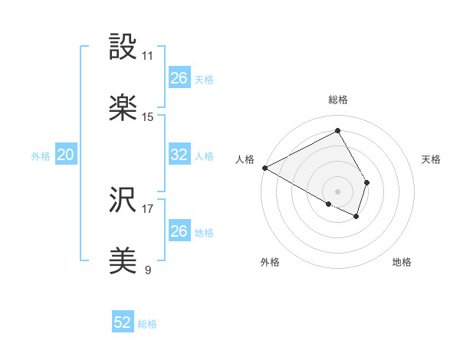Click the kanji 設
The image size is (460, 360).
pyautogui.click(x=123, y=47)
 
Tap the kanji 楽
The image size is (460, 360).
pyautogui.click(x=123, y=109)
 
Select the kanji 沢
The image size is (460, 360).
pyautogui.click(x=123, y=201)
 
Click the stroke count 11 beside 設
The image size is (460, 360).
pyautogui.click(x=148, y=56)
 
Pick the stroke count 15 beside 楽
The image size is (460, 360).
pyautogui.click(x=148, y=117)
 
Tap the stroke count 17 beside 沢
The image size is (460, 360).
pyautogui.click(x=148, y=208)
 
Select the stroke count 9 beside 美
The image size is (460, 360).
pyautogui.click(x=148, y=270)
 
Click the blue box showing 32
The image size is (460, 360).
pyautogui.click(x=179, y=155)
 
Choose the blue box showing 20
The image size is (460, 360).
pyautogui.click(x=65, y=155)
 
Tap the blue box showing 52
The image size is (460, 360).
pyautogui.click(x=123, y=323)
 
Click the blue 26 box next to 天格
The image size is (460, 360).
pyautogui.click(x=179, y=78)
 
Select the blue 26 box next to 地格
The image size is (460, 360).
pyautogui.click(x=179, y=231)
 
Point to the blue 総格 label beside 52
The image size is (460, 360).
pyautogui.click(x=147, y=324)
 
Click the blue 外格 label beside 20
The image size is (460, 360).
pyautogui.click(x=41, y=155)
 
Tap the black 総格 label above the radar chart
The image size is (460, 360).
pyautogui.click(x=337, y=100)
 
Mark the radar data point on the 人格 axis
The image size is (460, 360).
pyautogui.click(x=264, y=168)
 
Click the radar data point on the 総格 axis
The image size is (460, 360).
pyautogui.click(x=337, y=130)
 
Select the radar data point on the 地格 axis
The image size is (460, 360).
pyautogui.click(x=356, y=217)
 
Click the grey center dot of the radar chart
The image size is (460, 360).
pyautogui.click(x=337, y=190)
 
